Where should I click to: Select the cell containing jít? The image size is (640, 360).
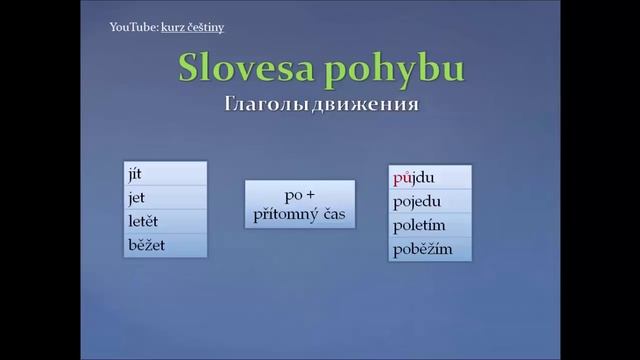[x=166, y=174]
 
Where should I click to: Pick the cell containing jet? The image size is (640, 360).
[x=166, y=197]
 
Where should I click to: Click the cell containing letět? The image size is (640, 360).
[x=166, y=220]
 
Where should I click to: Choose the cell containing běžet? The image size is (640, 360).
[x=166, y=244]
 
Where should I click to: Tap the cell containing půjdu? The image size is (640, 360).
[x=430, y=178]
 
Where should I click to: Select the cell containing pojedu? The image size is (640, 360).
[x=430, y=202]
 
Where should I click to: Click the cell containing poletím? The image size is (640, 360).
[x=430, y=226]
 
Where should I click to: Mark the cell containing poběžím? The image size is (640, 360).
[x=430, y=249]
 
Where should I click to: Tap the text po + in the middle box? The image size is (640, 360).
[x=300, y=194]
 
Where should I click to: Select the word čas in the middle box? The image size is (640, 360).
[x=331, y=212]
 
